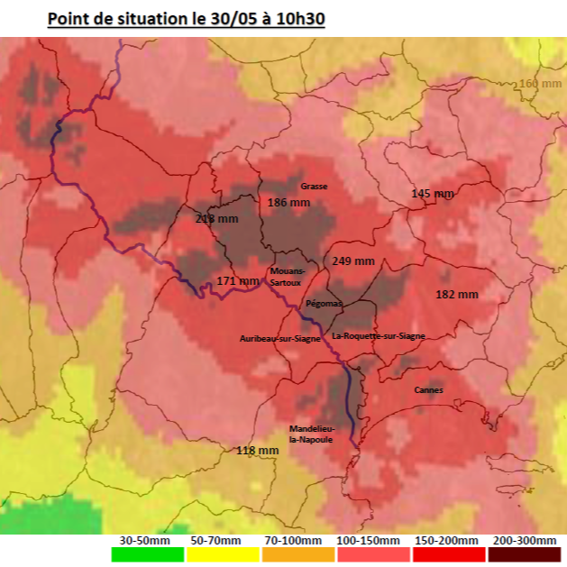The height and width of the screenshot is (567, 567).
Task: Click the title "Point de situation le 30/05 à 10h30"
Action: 186,19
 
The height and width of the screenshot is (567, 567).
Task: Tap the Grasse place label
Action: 314,186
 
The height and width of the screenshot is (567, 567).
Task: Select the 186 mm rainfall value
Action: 288,203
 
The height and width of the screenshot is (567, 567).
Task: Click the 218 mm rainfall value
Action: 217,218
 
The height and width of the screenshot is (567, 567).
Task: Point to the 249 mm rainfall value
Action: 353,261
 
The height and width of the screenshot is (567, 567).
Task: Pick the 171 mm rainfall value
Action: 238,281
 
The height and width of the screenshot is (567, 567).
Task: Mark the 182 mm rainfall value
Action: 457,294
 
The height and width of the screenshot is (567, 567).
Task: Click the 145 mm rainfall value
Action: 433,194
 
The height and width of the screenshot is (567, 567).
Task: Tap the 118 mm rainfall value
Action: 257,450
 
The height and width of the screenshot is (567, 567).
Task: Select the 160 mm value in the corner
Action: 540,84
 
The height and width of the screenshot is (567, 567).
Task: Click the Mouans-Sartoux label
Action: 287,276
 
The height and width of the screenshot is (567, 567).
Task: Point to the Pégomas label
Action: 324,304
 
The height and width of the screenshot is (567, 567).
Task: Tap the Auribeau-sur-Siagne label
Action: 279,338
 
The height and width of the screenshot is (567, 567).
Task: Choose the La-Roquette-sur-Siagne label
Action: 379,335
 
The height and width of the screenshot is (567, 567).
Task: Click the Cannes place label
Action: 428,389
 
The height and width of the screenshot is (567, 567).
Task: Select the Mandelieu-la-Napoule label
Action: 311,434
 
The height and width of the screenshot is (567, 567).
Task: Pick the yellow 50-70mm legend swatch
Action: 217,554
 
